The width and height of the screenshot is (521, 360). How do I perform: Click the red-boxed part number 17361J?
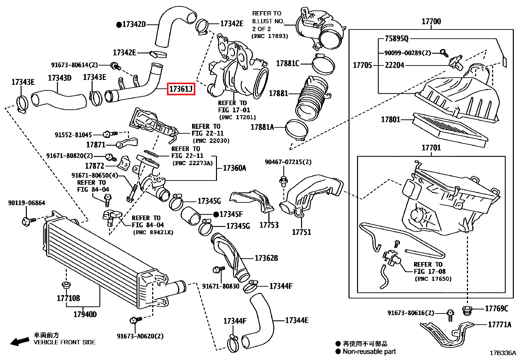(181, 88)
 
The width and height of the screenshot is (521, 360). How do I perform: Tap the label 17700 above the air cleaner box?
(431, 22)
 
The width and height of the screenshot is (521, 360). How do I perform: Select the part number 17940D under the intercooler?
(85, 314)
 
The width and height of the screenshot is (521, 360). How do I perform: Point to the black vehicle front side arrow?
(19, 341)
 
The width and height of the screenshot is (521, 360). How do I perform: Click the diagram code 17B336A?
(503, 353)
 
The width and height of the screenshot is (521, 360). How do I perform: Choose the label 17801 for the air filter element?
(390, 119)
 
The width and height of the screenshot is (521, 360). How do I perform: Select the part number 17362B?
(266, 258)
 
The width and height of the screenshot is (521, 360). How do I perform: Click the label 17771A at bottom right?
(499, 324)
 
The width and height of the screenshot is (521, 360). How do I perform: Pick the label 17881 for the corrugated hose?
(278, 93)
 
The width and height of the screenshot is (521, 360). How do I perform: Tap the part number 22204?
(394, 65)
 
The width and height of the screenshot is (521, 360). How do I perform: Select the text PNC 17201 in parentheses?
(237, 117)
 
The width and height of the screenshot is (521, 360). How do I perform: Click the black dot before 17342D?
(119, 24)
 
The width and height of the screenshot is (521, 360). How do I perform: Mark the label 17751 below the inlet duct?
(301, 232)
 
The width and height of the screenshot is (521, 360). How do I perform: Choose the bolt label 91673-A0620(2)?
(140, 336)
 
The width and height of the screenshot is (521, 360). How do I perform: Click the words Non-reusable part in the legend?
(369, 351)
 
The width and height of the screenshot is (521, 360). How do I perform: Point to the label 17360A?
(234, 168)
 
